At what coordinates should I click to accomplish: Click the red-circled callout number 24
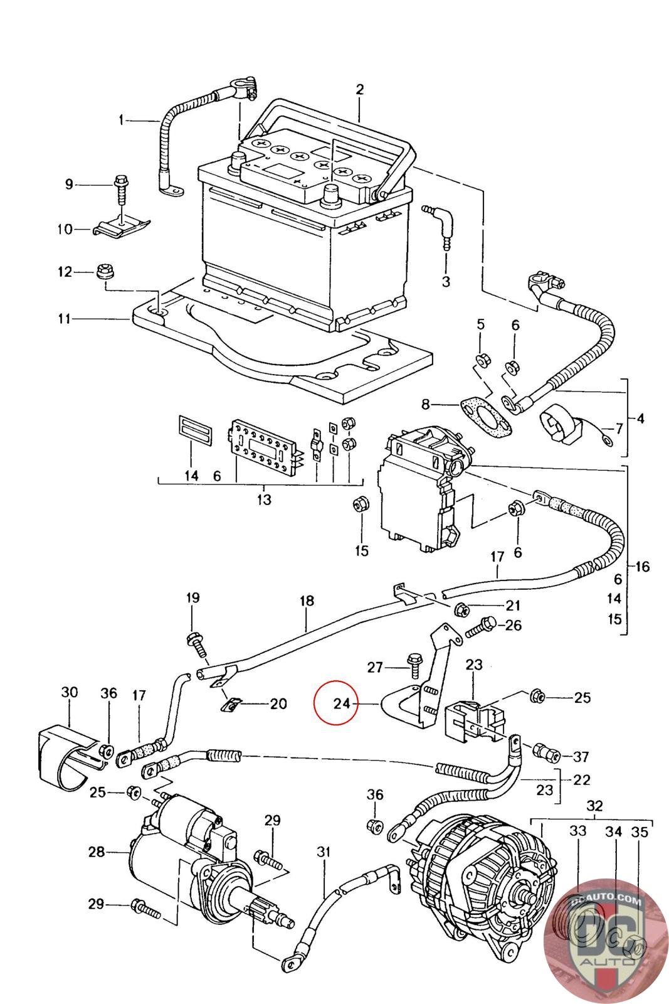pyautogui.click(x=342, y=703)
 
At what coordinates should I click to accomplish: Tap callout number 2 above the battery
pyautogui.click(x=360, y=90)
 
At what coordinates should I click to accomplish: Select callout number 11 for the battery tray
pyautogui.click(x=65, y=319)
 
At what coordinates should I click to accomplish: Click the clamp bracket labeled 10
pyautogui.click(x=122, y=227)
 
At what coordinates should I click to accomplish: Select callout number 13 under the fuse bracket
pyautogui.click(x=264, y=499)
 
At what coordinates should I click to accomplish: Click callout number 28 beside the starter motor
pyautogui.click(x=97, y=852)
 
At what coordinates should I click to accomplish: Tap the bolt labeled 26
pyautogui.click(x=481, y=626)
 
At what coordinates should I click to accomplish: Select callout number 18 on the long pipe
pyautogui.click(x=307, y=601)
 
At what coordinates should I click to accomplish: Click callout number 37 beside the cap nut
pyautogui.click(x=581, y=757)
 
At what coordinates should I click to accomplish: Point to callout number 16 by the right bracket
pyautogui.click(x=643, y=567)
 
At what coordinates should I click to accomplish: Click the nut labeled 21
pyautogui.click(x=462, y=609)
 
